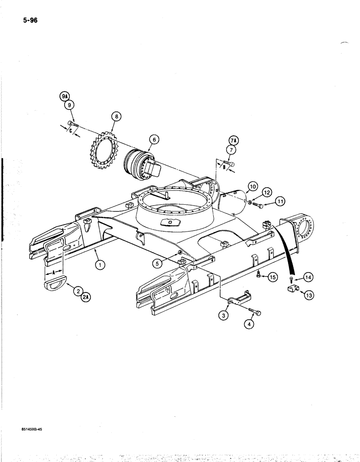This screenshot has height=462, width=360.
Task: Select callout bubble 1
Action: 101,264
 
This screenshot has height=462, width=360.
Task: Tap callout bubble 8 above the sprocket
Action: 116,116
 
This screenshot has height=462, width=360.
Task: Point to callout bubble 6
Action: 154,139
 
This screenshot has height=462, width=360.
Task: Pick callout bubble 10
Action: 252,187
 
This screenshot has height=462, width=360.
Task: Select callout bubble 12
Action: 266,192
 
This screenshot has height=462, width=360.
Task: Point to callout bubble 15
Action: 272,277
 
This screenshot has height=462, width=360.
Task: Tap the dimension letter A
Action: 53,273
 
